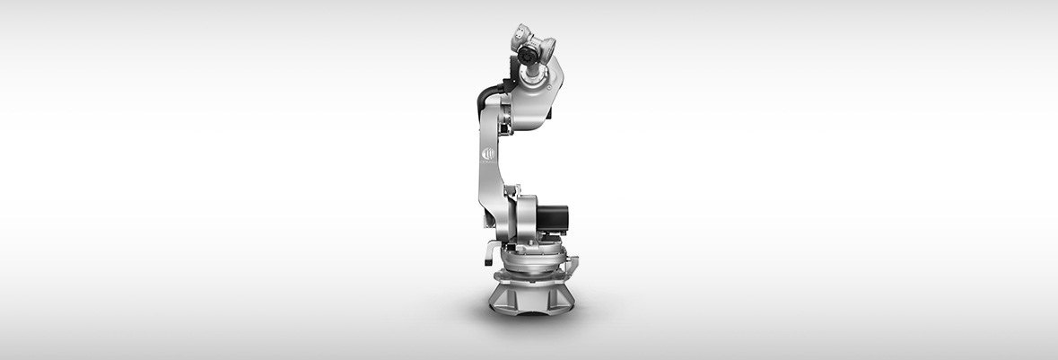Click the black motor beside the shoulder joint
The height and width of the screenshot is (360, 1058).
(553, 218)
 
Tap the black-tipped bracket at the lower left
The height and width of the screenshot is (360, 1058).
(488, 252)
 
